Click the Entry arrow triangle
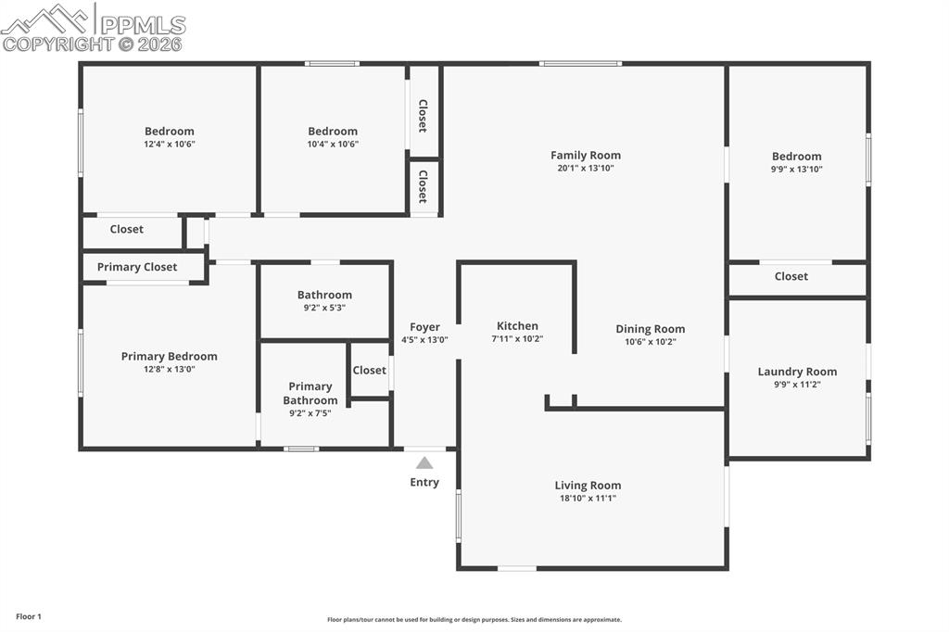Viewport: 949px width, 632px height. coord(424,462)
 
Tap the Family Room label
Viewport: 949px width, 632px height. coord(586,156)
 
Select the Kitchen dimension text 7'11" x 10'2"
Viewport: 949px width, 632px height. coord(517,339)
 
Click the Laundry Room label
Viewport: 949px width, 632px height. coord(797,372)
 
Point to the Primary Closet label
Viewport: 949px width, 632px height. coord(137,267)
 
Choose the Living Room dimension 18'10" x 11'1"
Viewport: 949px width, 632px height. coord(588,499)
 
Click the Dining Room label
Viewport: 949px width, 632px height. coord(651,329)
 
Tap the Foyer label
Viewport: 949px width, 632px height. coord(424,327)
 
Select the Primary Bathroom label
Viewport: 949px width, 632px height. coord(310,394)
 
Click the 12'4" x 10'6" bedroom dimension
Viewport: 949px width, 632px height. coord(170,145)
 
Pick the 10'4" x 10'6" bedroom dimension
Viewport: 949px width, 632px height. coord(333,145)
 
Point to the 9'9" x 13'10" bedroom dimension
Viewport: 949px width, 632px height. coord(797,170)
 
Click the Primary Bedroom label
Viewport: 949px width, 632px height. coord(170,356)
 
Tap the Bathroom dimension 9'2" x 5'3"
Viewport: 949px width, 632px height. coord(324,309)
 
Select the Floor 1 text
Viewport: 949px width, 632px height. coord(29,616)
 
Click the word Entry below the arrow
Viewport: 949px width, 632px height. coord(424,482)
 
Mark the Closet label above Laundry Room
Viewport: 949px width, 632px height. coord(791,276)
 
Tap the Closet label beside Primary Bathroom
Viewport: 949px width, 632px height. coord(369,370)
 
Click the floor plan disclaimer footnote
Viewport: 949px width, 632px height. coord(474,620)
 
